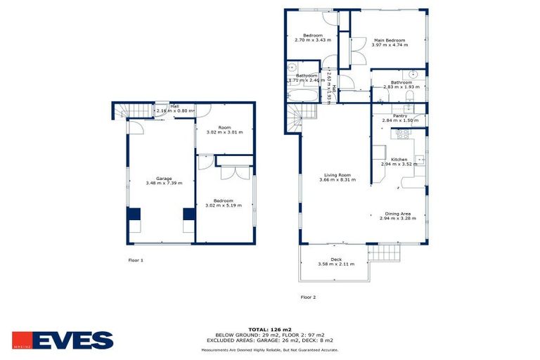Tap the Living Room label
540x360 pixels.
337,175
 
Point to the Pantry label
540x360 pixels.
400,116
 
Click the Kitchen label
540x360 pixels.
399,160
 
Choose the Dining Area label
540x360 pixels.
398,214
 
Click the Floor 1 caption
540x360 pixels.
136,260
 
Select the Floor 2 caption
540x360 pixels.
308,297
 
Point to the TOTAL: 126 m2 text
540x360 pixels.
270,328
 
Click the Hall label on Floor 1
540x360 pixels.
174,106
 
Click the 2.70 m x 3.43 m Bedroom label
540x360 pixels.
312,35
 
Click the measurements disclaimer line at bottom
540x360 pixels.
270,349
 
